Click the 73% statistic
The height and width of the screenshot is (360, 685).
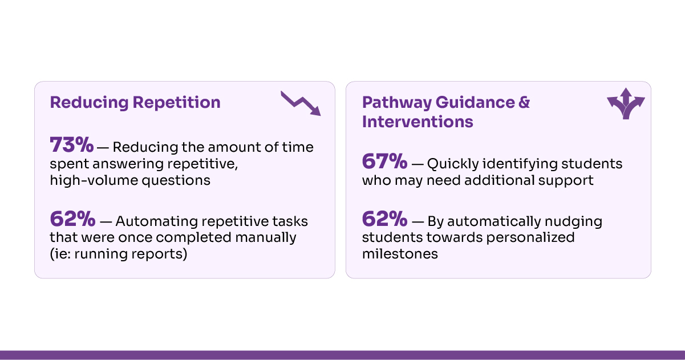[71, 144]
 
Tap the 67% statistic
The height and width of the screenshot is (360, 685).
[384, 161]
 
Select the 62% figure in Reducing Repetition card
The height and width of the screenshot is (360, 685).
[72, 219]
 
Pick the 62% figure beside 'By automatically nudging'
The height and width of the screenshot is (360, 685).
[384, 219]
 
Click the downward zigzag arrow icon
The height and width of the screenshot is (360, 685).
[301, 103]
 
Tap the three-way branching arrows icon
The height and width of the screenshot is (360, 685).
[626, 103]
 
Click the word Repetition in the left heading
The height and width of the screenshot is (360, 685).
[176, 102]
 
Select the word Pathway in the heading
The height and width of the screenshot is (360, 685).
[396, 103]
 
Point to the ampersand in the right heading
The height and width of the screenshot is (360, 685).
[524, 102]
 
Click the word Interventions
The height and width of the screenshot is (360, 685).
[418, 122]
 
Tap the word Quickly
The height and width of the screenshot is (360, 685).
[453, 164]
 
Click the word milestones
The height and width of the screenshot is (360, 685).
[400, 254]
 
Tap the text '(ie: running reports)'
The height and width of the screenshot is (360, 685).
[118, 254]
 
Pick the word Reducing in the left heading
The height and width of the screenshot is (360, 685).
[89, 103]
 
